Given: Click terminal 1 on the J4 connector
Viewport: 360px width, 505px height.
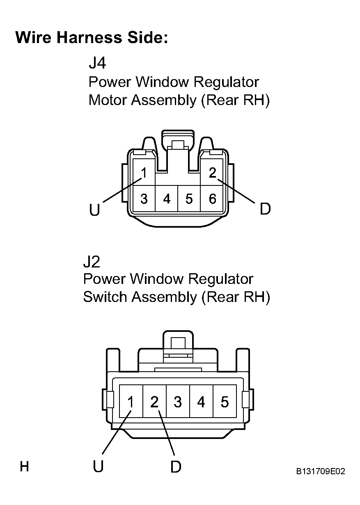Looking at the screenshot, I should click(x=144, y=173).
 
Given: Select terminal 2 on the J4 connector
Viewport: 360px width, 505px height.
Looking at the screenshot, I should click(x=212, y=173).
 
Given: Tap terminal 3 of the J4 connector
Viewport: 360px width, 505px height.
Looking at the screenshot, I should click(x=144, y=199).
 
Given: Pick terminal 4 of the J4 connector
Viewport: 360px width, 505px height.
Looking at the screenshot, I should click(x=167, y=199).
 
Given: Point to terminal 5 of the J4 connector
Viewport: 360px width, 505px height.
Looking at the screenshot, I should click(x=189, y=199).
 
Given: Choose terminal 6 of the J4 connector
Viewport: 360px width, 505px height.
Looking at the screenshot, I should click(x=212, y=199).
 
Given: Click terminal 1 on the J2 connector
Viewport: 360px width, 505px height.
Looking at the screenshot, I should click(x=131, y=402).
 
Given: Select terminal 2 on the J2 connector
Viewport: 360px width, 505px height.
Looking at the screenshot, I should click(x=154, y=402).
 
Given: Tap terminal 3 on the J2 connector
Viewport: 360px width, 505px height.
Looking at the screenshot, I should click(x=177, y=402).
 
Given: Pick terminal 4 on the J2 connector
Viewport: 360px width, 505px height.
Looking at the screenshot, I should click(x=201, y=402).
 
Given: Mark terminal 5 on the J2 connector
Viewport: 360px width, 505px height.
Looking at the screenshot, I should click(x=224, y=402).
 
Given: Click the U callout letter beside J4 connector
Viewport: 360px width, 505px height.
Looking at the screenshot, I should click(x=94, y=210).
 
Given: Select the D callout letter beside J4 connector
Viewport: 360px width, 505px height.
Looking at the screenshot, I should click(x=265, y=210).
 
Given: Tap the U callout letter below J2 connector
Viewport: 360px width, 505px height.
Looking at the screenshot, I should click(x=98, y=467).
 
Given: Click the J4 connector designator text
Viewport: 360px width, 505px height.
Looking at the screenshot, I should click(x=97, y=64).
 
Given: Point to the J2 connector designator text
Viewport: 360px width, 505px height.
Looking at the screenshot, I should click(x=92, y=261).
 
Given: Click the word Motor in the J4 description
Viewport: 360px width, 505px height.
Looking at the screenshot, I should click(x=108, y=101).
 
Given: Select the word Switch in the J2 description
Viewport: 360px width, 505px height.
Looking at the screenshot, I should click(x=105, y=297).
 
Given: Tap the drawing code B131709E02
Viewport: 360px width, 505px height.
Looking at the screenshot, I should click(x=321, y=471).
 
